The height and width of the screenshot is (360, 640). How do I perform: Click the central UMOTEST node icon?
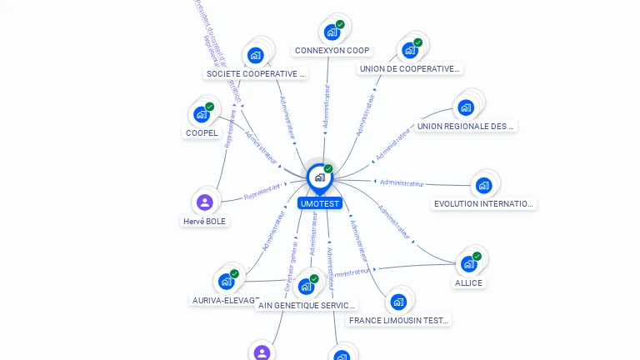point(319,177)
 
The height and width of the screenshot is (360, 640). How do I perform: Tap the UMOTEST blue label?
point(320,203)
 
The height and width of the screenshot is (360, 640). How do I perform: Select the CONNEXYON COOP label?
point(332,51)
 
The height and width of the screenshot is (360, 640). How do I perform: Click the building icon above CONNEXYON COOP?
point(332,32)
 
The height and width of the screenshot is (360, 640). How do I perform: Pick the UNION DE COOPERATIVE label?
point(409,69)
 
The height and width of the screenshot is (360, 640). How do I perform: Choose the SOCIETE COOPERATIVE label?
point(256,73)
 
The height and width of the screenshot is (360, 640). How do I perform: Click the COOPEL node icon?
point(201,114)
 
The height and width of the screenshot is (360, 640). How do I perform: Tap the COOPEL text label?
point(202,132)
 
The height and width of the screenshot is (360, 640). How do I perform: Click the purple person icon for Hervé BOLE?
point(205,202)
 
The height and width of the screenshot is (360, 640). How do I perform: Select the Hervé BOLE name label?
point(205,221)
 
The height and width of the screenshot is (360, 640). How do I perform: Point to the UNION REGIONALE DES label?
point(466,126)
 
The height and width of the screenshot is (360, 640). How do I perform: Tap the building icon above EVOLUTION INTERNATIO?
point(483,185)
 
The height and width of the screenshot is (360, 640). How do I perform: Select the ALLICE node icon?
point(468,263)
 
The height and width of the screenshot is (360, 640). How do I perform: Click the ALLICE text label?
point(468,282)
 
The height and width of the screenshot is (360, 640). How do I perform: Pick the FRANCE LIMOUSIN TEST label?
point(399,320)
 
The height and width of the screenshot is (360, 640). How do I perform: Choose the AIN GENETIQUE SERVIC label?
point(307,305)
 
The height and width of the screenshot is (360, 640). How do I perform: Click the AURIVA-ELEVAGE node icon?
point(226,281)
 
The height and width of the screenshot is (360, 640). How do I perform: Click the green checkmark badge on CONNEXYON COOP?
point(340,25)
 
